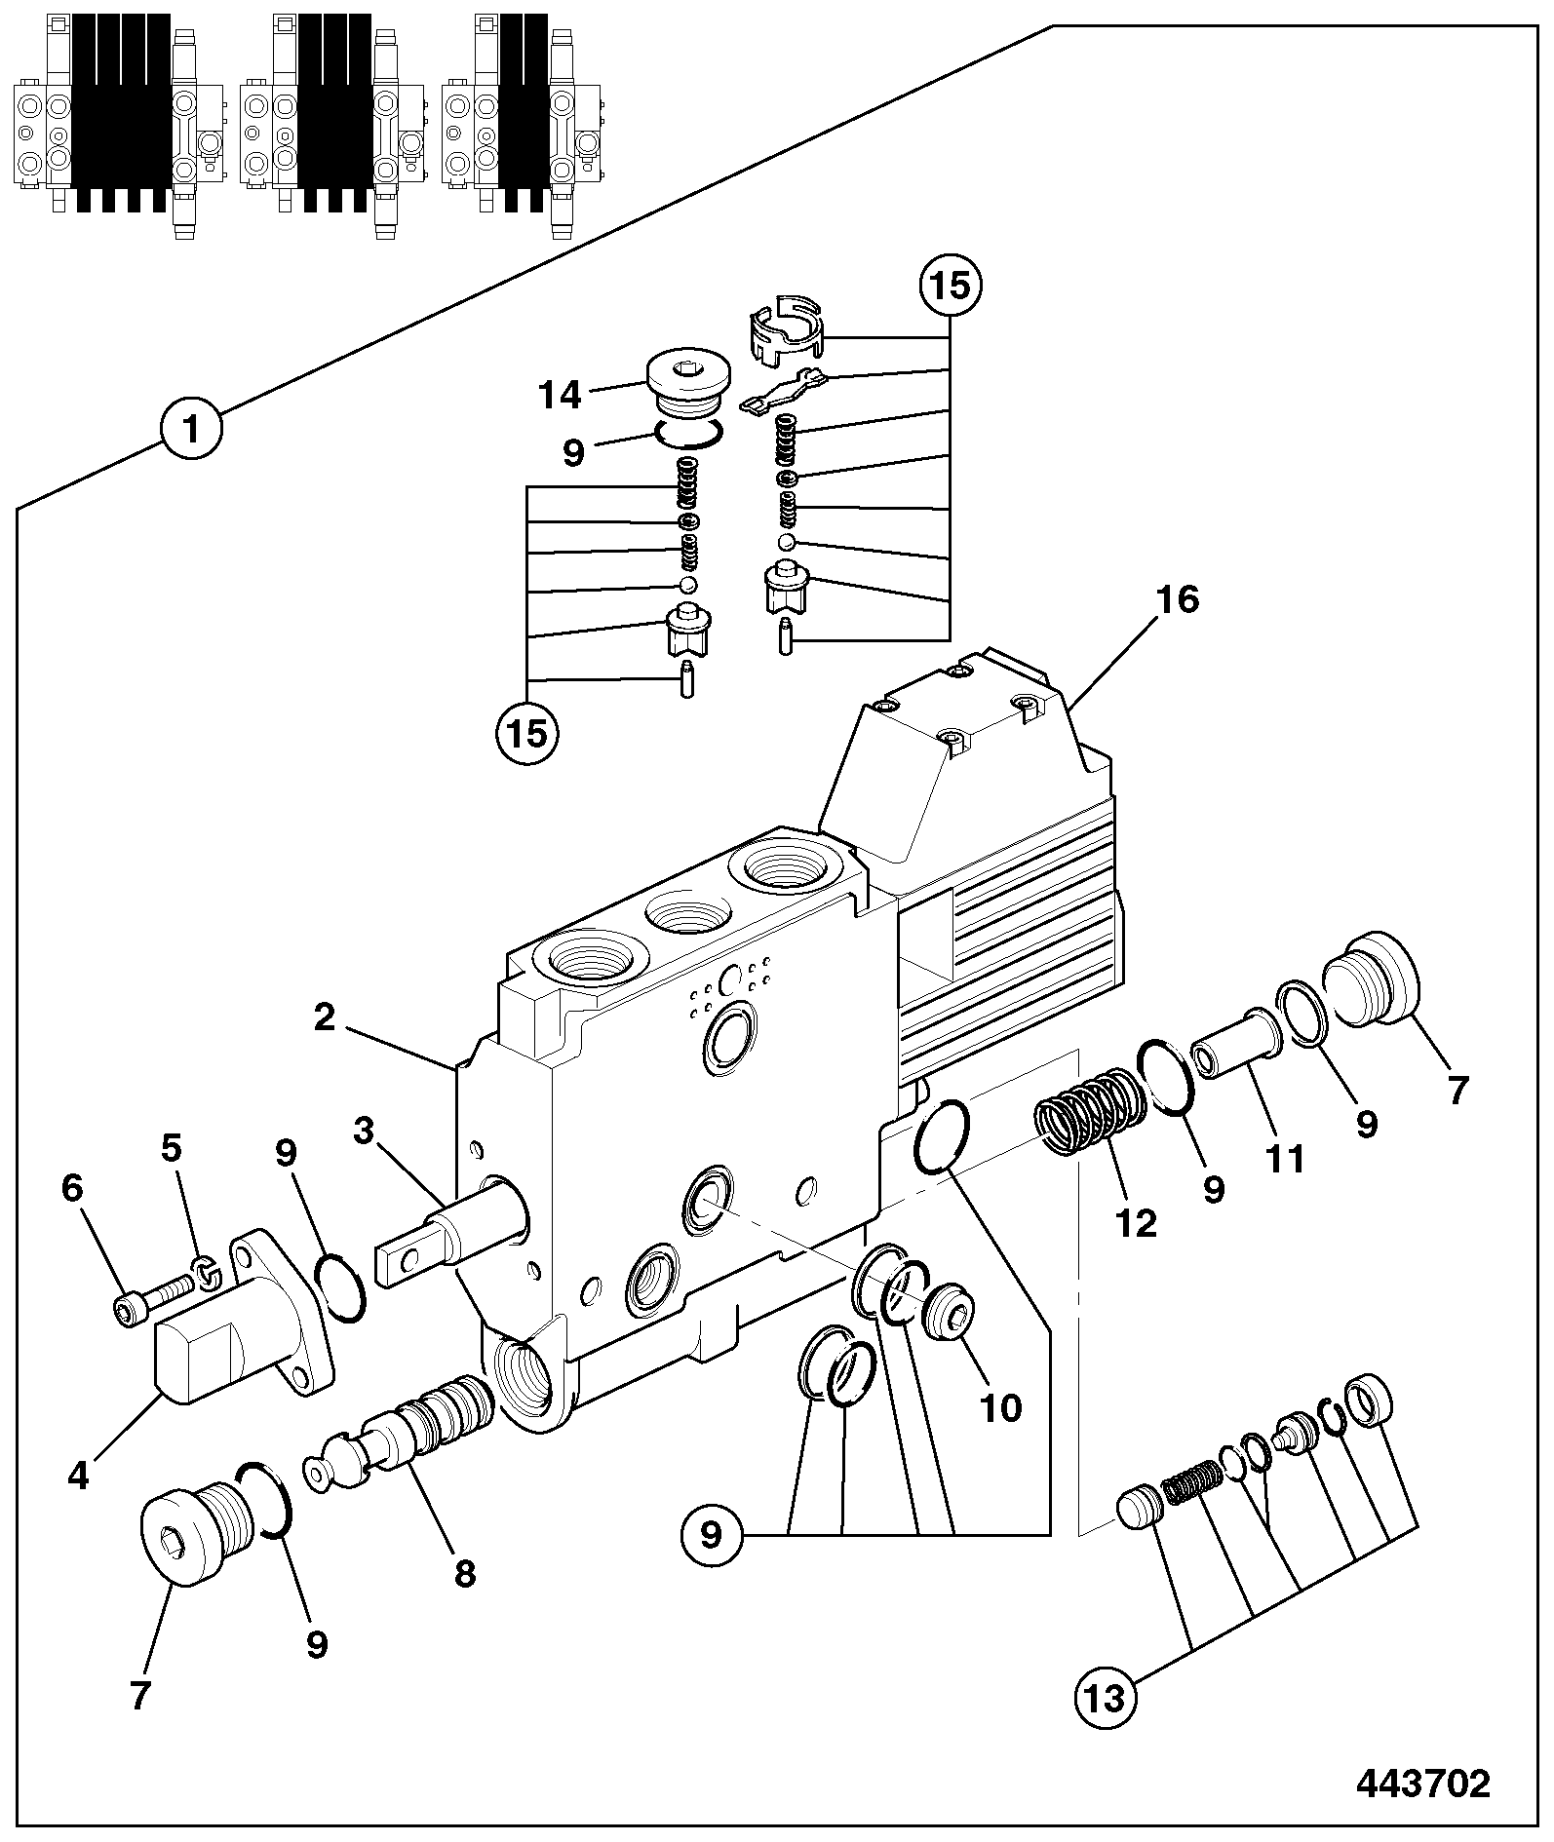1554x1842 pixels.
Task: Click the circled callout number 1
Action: click(192, 429)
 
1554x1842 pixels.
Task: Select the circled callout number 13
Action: click(1106, 1699)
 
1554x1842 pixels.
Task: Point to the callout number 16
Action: click(1178, 600)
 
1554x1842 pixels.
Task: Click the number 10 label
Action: click(1000, 1407)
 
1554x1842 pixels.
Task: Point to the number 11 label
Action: click(1285, 1160)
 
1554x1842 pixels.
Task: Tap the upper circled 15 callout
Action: click(951, 287)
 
